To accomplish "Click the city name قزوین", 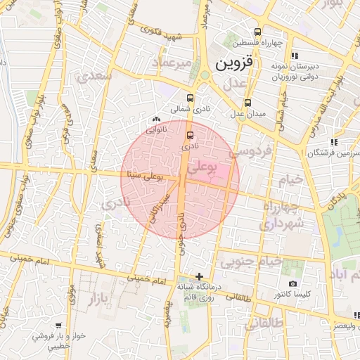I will (x=232, y=65).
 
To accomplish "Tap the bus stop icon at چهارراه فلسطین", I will (x=257, y=32).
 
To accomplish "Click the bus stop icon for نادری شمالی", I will (x=191, y=99).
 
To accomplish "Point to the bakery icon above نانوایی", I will (x=156, y=120).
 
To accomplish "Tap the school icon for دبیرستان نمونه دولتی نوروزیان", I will (x=295, y=56).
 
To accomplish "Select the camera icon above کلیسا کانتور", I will (x=292, y=283).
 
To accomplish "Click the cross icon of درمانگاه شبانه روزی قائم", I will (x=200, y=276).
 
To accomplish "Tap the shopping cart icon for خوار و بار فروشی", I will (x=58, y=326).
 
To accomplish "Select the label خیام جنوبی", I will (x=251, y=262).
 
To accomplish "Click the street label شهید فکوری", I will (x=162, y=32).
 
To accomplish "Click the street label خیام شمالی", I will (x=281, y=112).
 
